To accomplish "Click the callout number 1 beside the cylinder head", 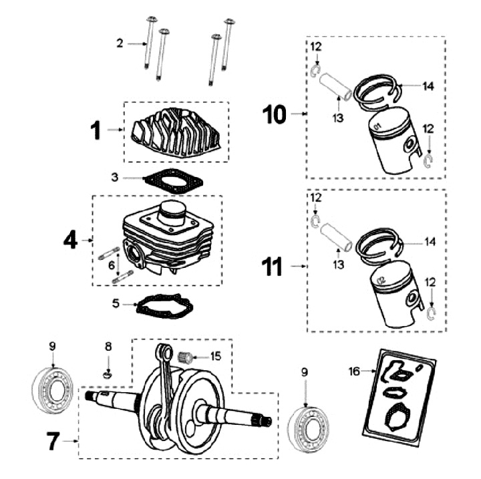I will pyautogui.click(x=96, y=130).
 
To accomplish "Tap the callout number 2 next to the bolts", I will pyautogui.click(x=120, y=43).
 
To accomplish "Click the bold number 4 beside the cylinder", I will pyautogui.click(x=71, y=238).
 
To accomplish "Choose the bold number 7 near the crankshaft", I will pyautogui.click(x=53, y=441).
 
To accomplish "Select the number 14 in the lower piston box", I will pyautogui.click(x=429, y=242).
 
